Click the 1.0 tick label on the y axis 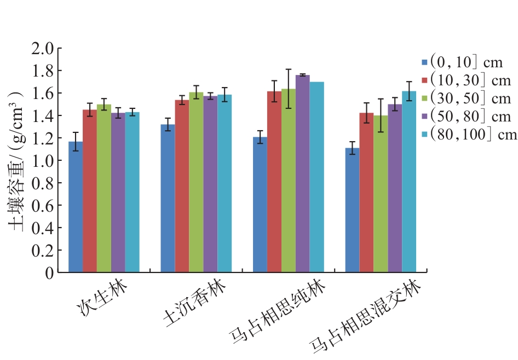pos(44,161)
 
